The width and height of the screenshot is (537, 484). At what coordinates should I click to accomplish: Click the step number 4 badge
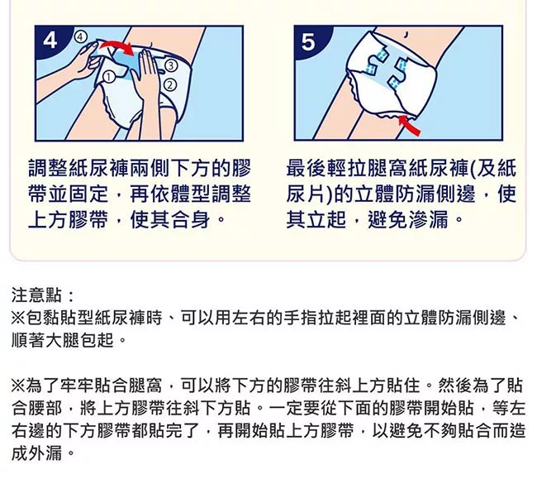50,41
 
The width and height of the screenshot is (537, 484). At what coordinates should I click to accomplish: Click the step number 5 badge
309,41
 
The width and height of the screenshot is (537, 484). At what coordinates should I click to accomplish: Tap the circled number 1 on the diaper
109,77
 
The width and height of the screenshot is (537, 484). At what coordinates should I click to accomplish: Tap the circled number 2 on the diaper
171,84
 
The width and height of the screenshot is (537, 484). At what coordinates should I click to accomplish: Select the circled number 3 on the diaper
171,65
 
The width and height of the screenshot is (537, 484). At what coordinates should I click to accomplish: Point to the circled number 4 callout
80,36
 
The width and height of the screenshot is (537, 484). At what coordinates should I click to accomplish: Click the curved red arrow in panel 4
117,46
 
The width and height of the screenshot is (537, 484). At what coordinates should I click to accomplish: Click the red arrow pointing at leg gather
409,126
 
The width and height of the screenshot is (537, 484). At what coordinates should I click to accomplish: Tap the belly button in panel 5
406,34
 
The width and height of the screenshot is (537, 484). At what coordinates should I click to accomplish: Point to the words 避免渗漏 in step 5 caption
408,219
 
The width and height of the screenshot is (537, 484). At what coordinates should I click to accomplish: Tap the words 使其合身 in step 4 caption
170,219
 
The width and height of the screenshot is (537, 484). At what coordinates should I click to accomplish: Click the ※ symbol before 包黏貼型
18,318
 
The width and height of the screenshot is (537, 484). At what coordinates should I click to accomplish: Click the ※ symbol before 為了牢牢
18,386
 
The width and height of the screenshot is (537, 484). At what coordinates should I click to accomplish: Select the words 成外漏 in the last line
36,453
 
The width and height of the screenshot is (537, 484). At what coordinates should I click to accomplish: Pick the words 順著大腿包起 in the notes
62,341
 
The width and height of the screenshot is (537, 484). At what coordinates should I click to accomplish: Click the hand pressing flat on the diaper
148,83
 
